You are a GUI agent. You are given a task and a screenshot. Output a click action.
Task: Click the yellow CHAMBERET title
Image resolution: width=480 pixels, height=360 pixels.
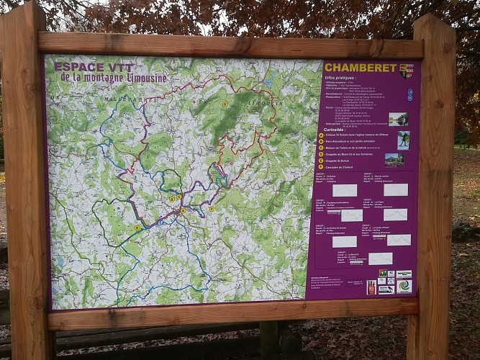360,68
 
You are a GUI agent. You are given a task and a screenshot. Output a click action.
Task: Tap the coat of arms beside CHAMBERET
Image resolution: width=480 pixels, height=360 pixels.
406,70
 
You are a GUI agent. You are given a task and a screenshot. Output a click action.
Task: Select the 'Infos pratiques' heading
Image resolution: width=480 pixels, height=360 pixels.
340,78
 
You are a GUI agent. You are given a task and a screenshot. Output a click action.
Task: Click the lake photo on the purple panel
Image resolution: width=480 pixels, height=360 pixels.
397,119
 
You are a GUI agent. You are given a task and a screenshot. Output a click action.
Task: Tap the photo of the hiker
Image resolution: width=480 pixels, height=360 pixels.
403,140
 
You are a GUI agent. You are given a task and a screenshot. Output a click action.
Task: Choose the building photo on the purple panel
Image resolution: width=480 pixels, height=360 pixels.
394,159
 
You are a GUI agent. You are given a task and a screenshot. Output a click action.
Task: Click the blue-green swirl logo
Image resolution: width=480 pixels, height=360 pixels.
404,286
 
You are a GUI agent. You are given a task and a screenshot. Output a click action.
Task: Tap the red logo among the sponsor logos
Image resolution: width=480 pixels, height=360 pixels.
371,287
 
